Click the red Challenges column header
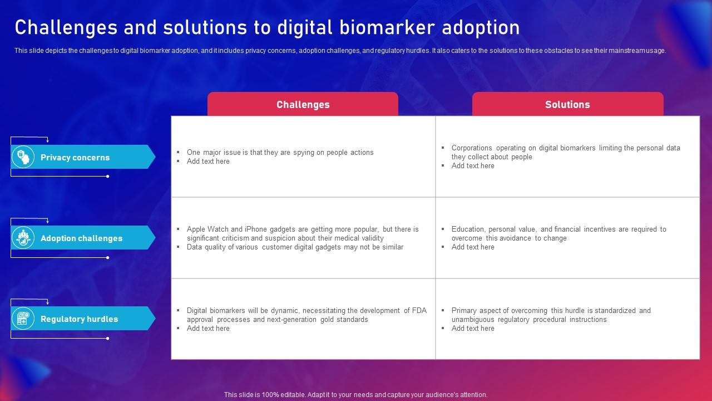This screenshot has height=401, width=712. (x=303, y=104)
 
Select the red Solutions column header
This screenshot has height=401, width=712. (x=568, y=104)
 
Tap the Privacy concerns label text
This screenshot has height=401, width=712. (x=75, y=157)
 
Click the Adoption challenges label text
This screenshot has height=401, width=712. (x=81, y=238)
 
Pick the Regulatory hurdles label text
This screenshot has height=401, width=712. (x=79, y=319)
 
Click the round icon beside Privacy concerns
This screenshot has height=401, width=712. (x=23, y=157)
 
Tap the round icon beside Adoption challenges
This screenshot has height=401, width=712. (x=23, y=237)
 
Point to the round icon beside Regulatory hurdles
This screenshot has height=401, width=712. (x=23, y=318)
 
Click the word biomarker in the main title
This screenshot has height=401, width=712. (x=387, y=27)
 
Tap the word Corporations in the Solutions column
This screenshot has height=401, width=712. (x=472, y=148)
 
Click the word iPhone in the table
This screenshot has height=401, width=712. (x=255, y=229)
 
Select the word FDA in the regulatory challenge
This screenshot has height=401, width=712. (x=419, y=310)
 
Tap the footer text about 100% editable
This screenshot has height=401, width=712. (x=355, y=395)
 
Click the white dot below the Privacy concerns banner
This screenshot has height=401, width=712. (x=108, y=177)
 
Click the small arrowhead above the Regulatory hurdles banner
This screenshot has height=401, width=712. (x=48, y=301)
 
